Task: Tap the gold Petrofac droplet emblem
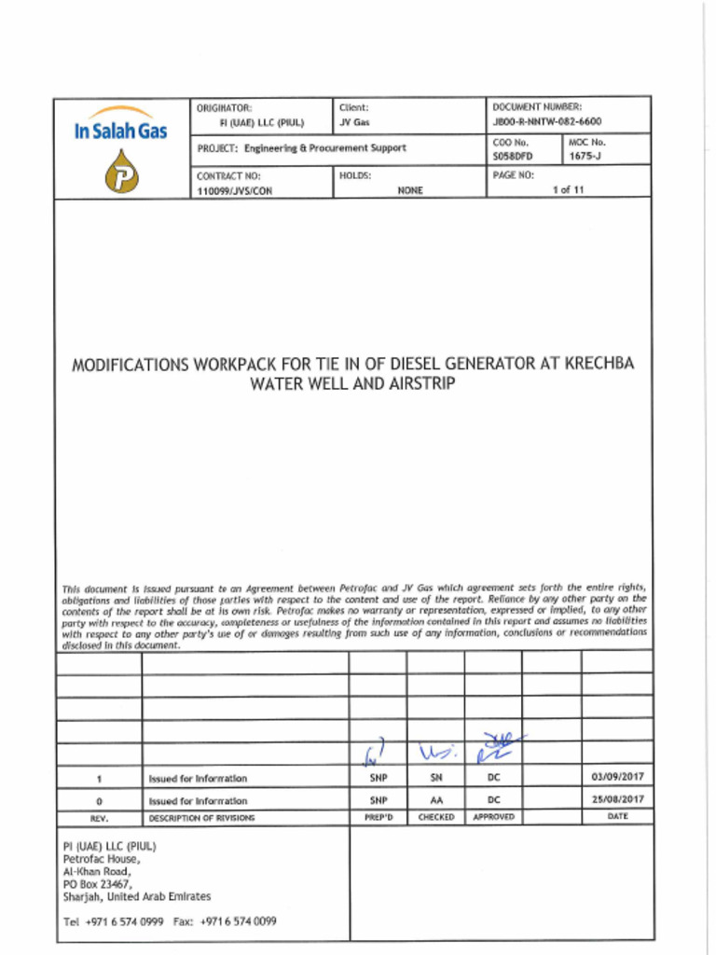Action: tap(120, 173)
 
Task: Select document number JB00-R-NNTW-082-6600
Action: tap(546, 122)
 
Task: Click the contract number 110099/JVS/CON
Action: tap(234, 190)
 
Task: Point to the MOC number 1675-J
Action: tap(586, 157)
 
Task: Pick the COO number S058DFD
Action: tap(512, 157)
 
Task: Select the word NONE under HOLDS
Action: tap(410, 190)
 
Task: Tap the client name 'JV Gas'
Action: tap(354, 122)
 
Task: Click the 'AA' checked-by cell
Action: tap(435, 800)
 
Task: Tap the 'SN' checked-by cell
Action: tap(435, 777)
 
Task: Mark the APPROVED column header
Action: tap(493, 817)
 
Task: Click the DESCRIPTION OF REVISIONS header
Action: tap(201, 817)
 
